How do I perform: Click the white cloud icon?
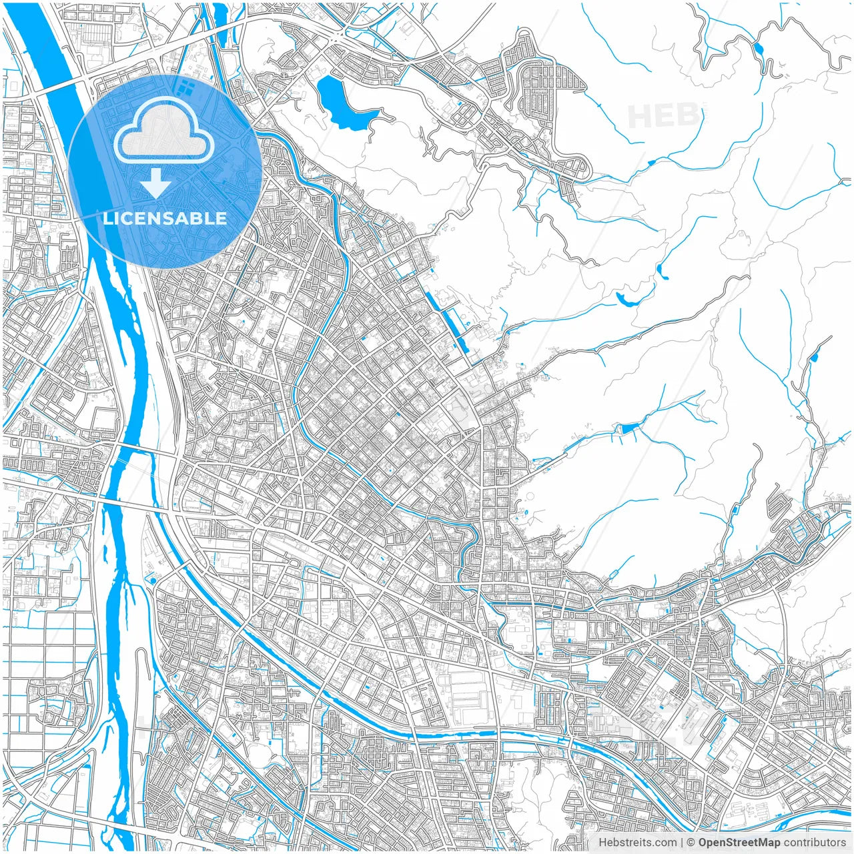163,132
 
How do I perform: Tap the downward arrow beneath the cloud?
156,183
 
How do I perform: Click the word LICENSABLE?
165,218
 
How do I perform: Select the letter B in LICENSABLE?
199,218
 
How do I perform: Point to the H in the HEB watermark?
639,117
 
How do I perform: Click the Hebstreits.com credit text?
636,843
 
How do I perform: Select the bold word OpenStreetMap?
739,843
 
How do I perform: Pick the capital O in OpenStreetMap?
703,843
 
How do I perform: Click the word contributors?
815,843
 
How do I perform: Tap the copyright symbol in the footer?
691,843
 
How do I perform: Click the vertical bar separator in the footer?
681,843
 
